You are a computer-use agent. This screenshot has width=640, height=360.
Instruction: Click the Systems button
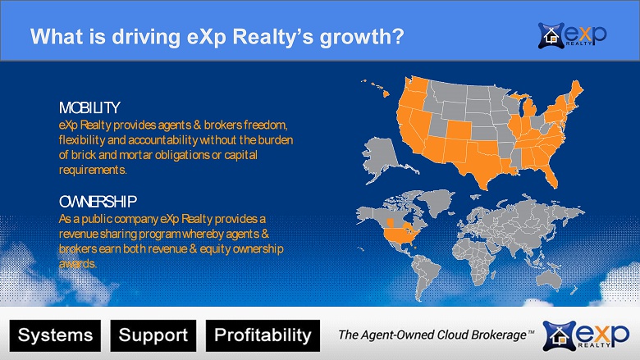(55, 335)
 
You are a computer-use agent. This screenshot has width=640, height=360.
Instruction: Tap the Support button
(153, 335)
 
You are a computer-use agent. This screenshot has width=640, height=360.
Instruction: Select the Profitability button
(263, 335)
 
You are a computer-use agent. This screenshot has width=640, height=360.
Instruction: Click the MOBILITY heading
(89, 108)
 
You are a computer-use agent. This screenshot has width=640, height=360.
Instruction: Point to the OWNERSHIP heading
(98, 202)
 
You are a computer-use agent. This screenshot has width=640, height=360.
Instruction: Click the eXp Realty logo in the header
(572, 35)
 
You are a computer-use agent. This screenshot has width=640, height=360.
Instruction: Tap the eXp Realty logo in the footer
(586, 335)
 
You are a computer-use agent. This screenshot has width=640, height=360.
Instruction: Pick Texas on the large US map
(481, 163)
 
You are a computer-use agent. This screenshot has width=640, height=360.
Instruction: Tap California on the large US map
(409, 130)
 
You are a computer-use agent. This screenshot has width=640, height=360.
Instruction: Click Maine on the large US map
(577, 90)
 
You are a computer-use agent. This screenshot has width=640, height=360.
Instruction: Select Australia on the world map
(549, 280)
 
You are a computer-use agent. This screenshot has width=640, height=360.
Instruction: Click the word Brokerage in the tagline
(498, 335)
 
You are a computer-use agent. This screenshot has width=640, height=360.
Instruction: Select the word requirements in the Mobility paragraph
(92, 170)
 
